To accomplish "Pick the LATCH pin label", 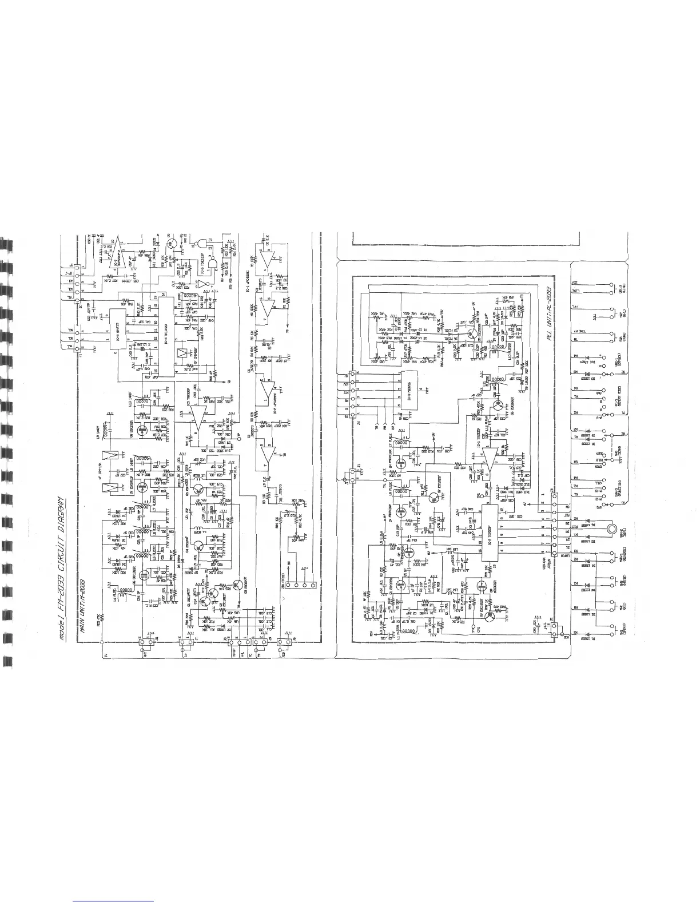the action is (568, 557).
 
